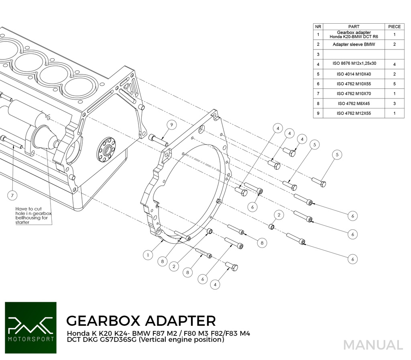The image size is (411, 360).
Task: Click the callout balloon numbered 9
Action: pyautogui.click(x=171, y=125)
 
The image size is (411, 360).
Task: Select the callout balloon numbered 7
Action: pyautogui.click(x=13, y=196)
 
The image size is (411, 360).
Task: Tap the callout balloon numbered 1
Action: pyautogui.click(x=148, y=255)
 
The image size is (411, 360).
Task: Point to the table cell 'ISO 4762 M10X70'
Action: pyautogui.click(x=354, y=94)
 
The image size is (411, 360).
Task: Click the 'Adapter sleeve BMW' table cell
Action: pyautogui.click(x=354, y=45)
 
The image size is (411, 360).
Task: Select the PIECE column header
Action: pyautogui.click(x=394, y=27)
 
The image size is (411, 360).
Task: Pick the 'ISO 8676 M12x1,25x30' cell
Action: pyautogui.click(x=354, y=64)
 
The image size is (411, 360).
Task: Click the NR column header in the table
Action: pyautogui.click(x=318, y=27)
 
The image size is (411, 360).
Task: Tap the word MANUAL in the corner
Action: pyautogui.click(x=373, y=345)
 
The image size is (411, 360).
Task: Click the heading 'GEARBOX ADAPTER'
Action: pyautogui.click(x=140, y=321)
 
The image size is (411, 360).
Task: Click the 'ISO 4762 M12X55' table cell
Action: pyautogui.click(x=354, y=113)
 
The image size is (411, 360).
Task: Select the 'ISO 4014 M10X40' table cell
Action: pyautogui.click(x=354, y=74)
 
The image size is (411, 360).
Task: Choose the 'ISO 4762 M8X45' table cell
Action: pyautogui.click(x=354, y=104)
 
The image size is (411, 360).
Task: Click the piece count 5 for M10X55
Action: pyautogui.click(x=394, y=84)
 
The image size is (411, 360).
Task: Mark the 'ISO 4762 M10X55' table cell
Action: pyautogui.click(x=354, y=84)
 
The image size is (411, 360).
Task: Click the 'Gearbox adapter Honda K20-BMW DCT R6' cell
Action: pyautogui.click(x=354, y=35)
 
